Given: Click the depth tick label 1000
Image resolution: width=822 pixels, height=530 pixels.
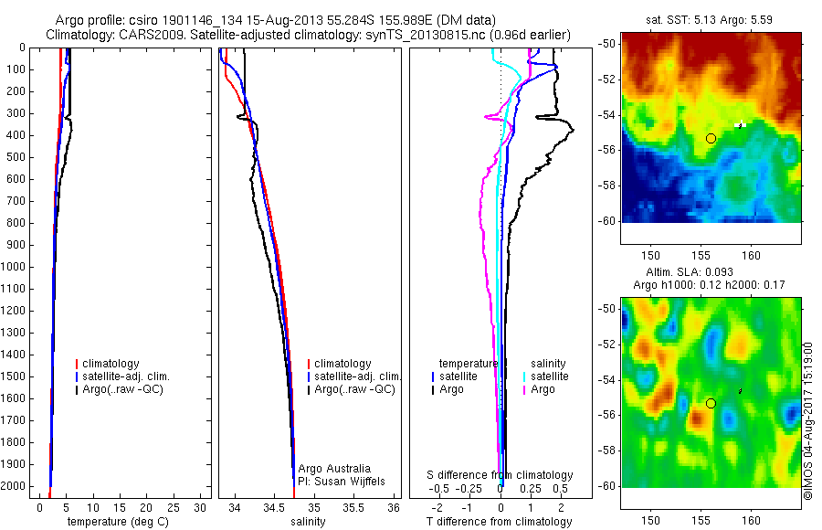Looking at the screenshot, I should point(15,267).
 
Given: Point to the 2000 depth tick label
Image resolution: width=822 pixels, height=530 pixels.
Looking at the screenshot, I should point(15,487).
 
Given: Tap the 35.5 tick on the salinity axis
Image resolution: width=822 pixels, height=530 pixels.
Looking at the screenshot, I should point(353,507).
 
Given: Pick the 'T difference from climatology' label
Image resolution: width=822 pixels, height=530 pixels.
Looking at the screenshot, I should point(499,522).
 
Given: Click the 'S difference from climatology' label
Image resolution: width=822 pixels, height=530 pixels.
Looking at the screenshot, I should point(501,475).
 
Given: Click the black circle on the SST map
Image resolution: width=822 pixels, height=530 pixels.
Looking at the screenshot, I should point(711,138).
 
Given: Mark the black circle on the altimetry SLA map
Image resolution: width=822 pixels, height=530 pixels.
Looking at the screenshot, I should point(711,403).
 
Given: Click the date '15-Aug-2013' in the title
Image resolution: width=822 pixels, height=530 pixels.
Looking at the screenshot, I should point(274,19).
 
